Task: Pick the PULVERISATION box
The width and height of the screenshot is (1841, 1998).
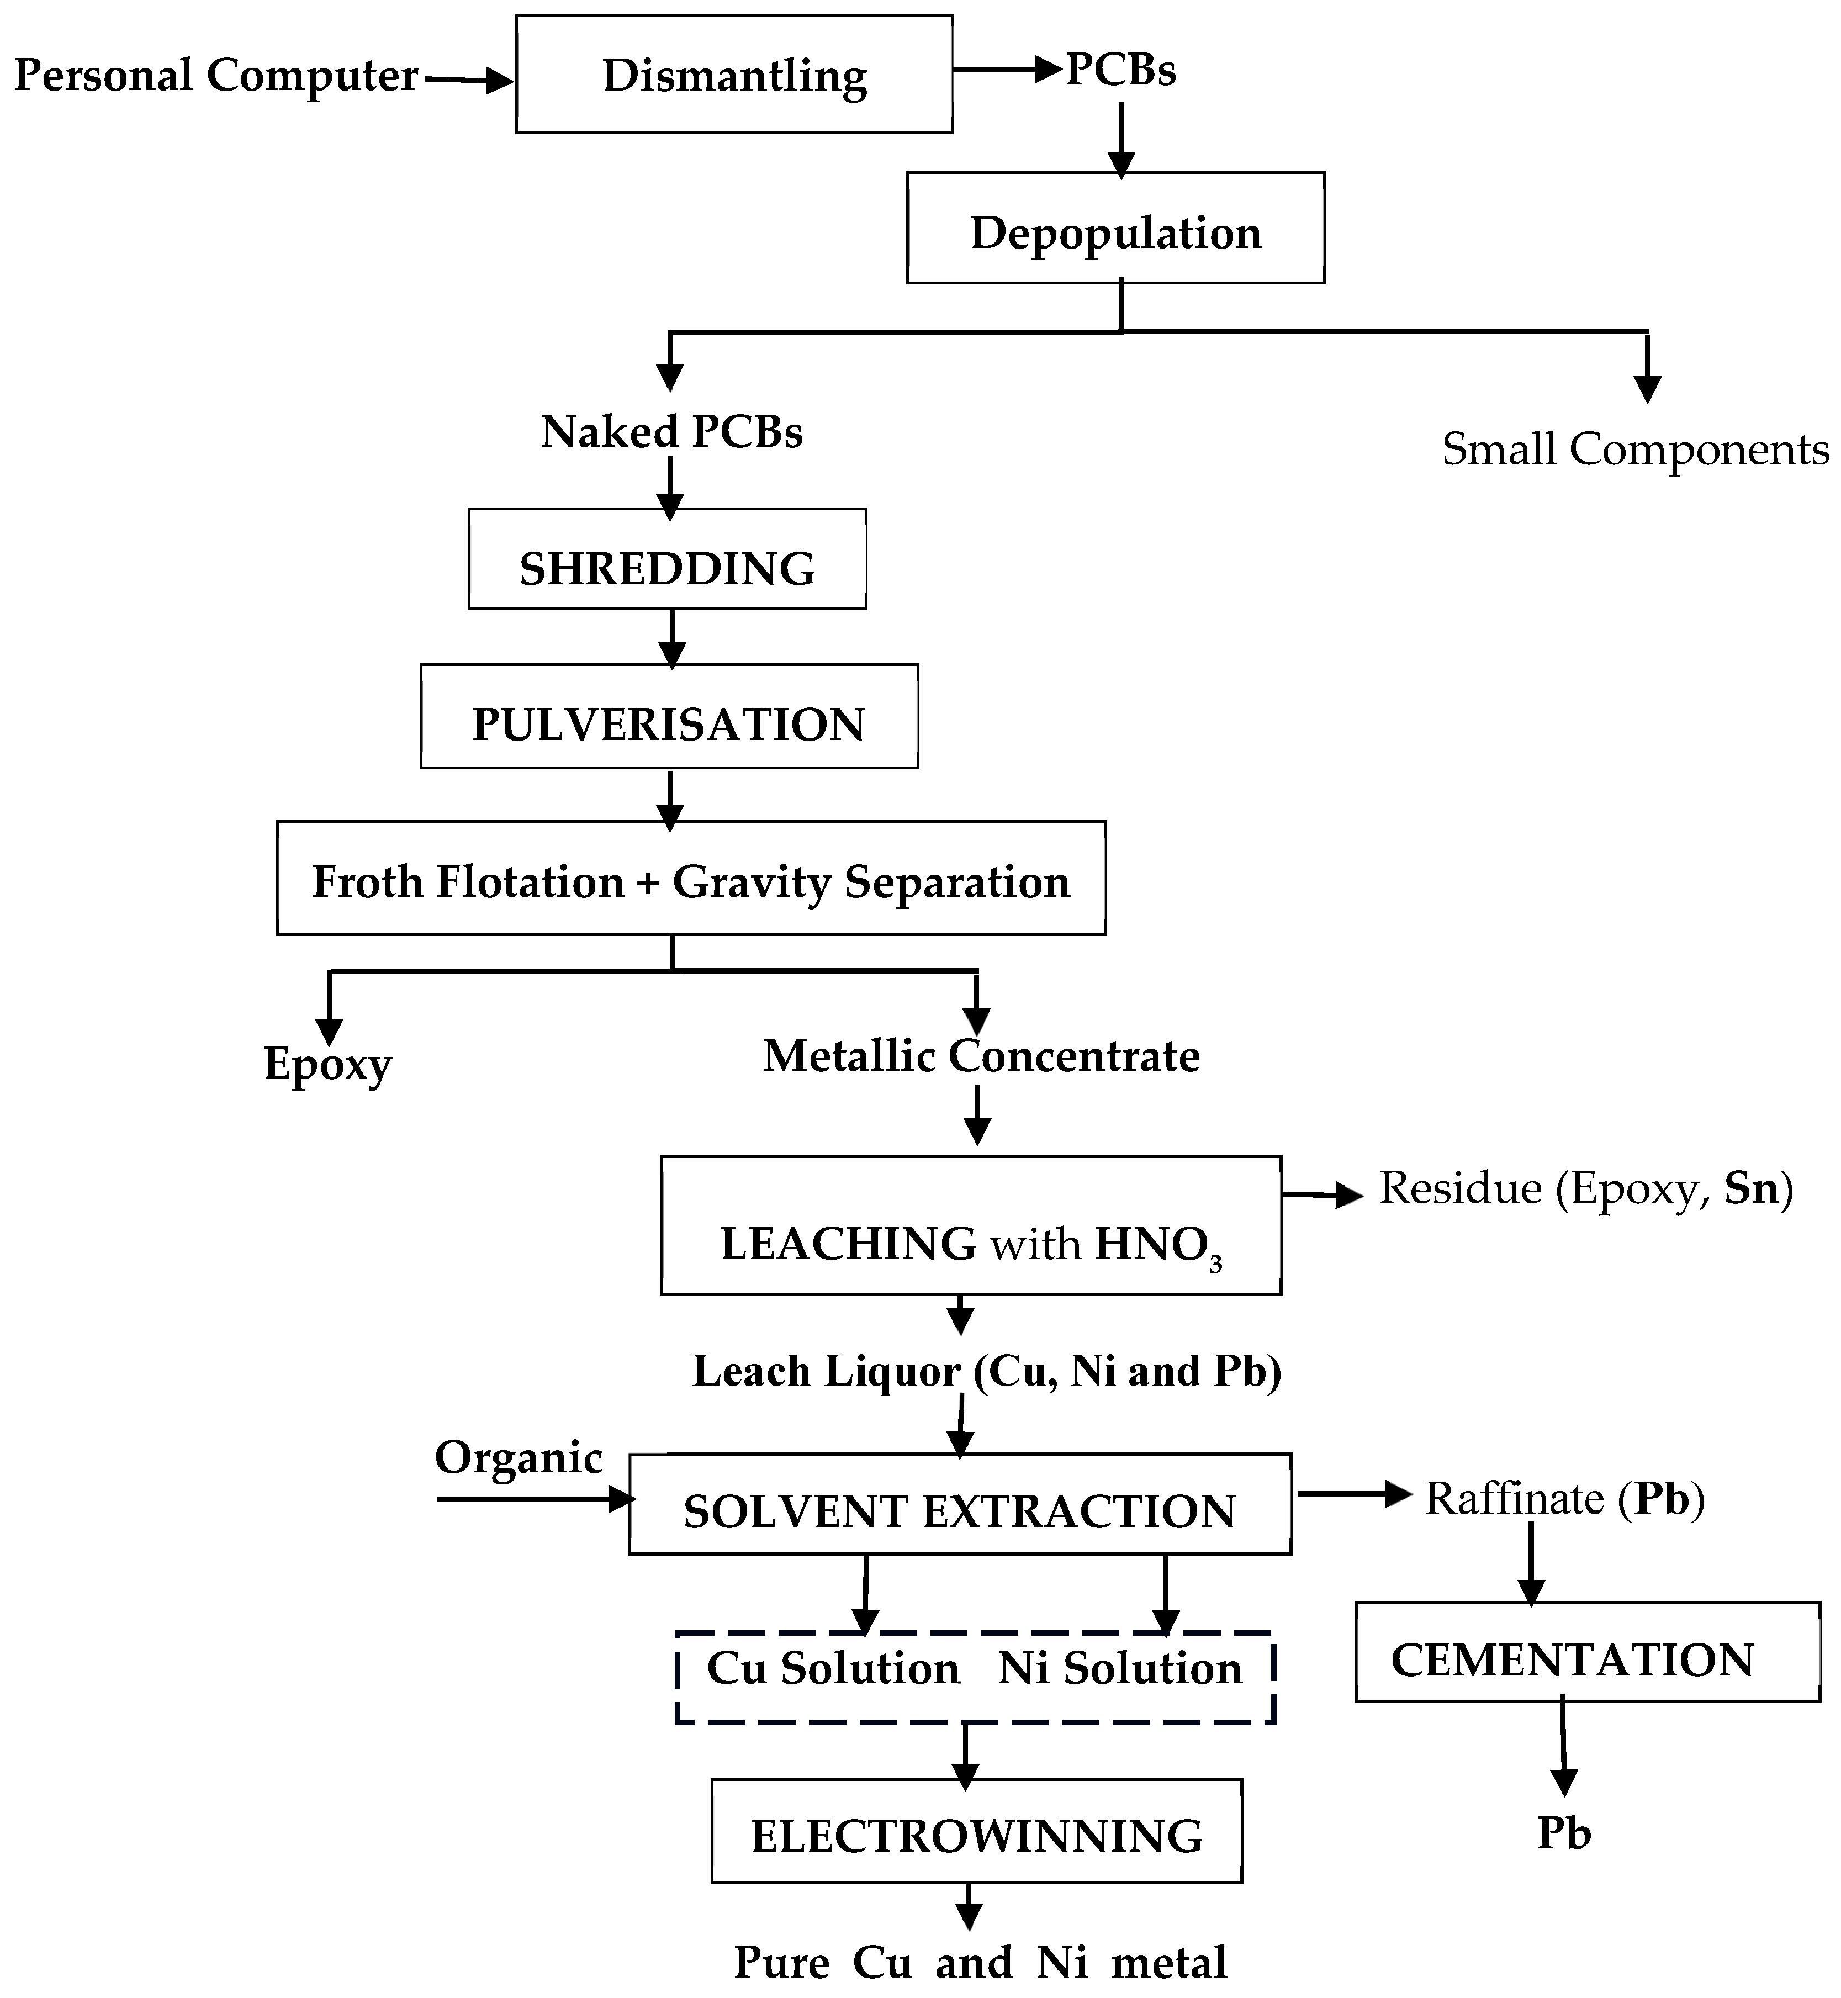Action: pos(669,716)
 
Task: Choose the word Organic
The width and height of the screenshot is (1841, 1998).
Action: pos(518,1457)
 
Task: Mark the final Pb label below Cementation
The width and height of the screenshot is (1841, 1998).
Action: pos(1564,1832)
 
